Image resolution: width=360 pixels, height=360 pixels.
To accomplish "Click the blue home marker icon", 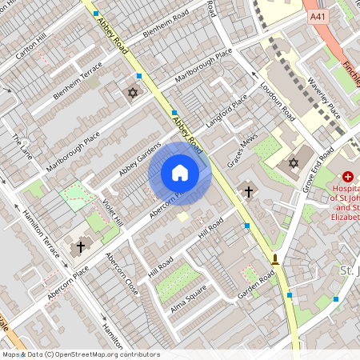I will (180, 173).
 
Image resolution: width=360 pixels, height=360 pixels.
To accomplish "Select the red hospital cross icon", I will (348, 175).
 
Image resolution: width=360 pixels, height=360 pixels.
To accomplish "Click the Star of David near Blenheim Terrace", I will (133, 93).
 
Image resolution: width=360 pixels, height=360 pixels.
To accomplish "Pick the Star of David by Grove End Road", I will (294, 163).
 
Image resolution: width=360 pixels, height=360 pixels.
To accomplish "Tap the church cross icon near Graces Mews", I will (248, 191).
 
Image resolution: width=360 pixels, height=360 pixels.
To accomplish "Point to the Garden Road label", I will (256, 286).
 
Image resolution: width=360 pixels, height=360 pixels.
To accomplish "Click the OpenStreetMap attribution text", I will (80, 354).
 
